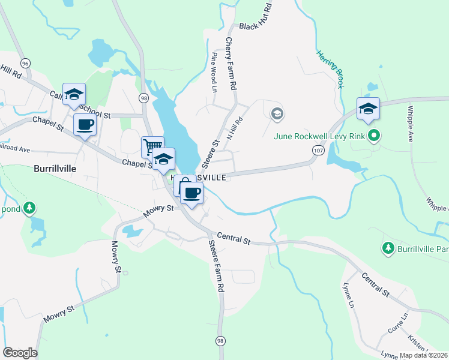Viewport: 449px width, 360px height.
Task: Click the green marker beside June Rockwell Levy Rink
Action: click(x=374, y=136)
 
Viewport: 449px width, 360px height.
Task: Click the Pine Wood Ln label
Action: click(x=214, y=73)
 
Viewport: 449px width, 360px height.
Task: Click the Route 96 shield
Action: click(x=25, y=63)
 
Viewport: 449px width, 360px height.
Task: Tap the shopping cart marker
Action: click(x=152, y=146)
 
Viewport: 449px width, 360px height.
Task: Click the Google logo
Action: click(x=20, y=353)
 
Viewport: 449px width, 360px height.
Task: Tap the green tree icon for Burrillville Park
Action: click(x=388, y=247)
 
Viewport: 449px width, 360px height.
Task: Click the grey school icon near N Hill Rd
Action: click(x=277, y=113)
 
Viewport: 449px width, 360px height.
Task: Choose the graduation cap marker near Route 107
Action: click(x=368, y=108)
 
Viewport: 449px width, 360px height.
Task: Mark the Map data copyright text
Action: click(x=424, y=355)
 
